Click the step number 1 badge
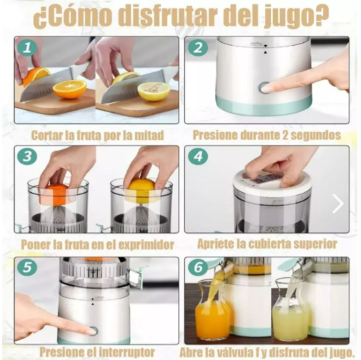(27, 47)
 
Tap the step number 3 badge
(27, 156)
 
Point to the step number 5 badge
(27, 267)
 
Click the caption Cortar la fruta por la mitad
(97, 135)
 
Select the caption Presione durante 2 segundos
(267, 135)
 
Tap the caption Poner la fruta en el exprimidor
(97, 244)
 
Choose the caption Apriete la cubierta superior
(267, 244)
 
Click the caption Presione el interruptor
(97, 352)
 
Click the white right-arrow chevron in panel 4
(338, 204)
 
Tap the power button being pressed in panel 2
(265, 88)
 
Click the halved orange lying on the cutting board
(69, 89)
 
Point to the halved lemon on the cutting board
(154, 91)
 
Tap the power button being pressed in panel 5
(91, 330)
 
